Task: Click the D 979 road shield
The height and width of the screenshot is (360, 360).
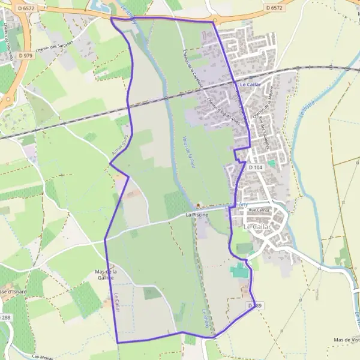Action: point(25,55)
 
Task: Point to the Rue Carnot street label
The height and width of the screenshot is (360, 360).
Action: point(260,211)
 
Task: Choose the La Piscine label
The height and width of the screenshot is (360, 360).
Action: point(196,214)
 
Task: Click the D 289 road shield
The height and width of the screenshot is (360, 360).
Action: point(254,306)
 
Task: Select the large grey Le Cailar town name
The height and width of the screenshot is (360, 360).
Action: point(257,227)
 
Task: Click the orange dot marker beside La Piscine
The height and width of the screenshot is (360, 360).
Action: point(199,205)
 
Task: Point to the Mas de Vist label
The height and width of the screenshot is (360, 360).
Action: point(347,340)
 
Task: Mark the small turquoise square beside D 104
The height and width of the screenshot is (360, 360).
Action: point(271,163)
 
